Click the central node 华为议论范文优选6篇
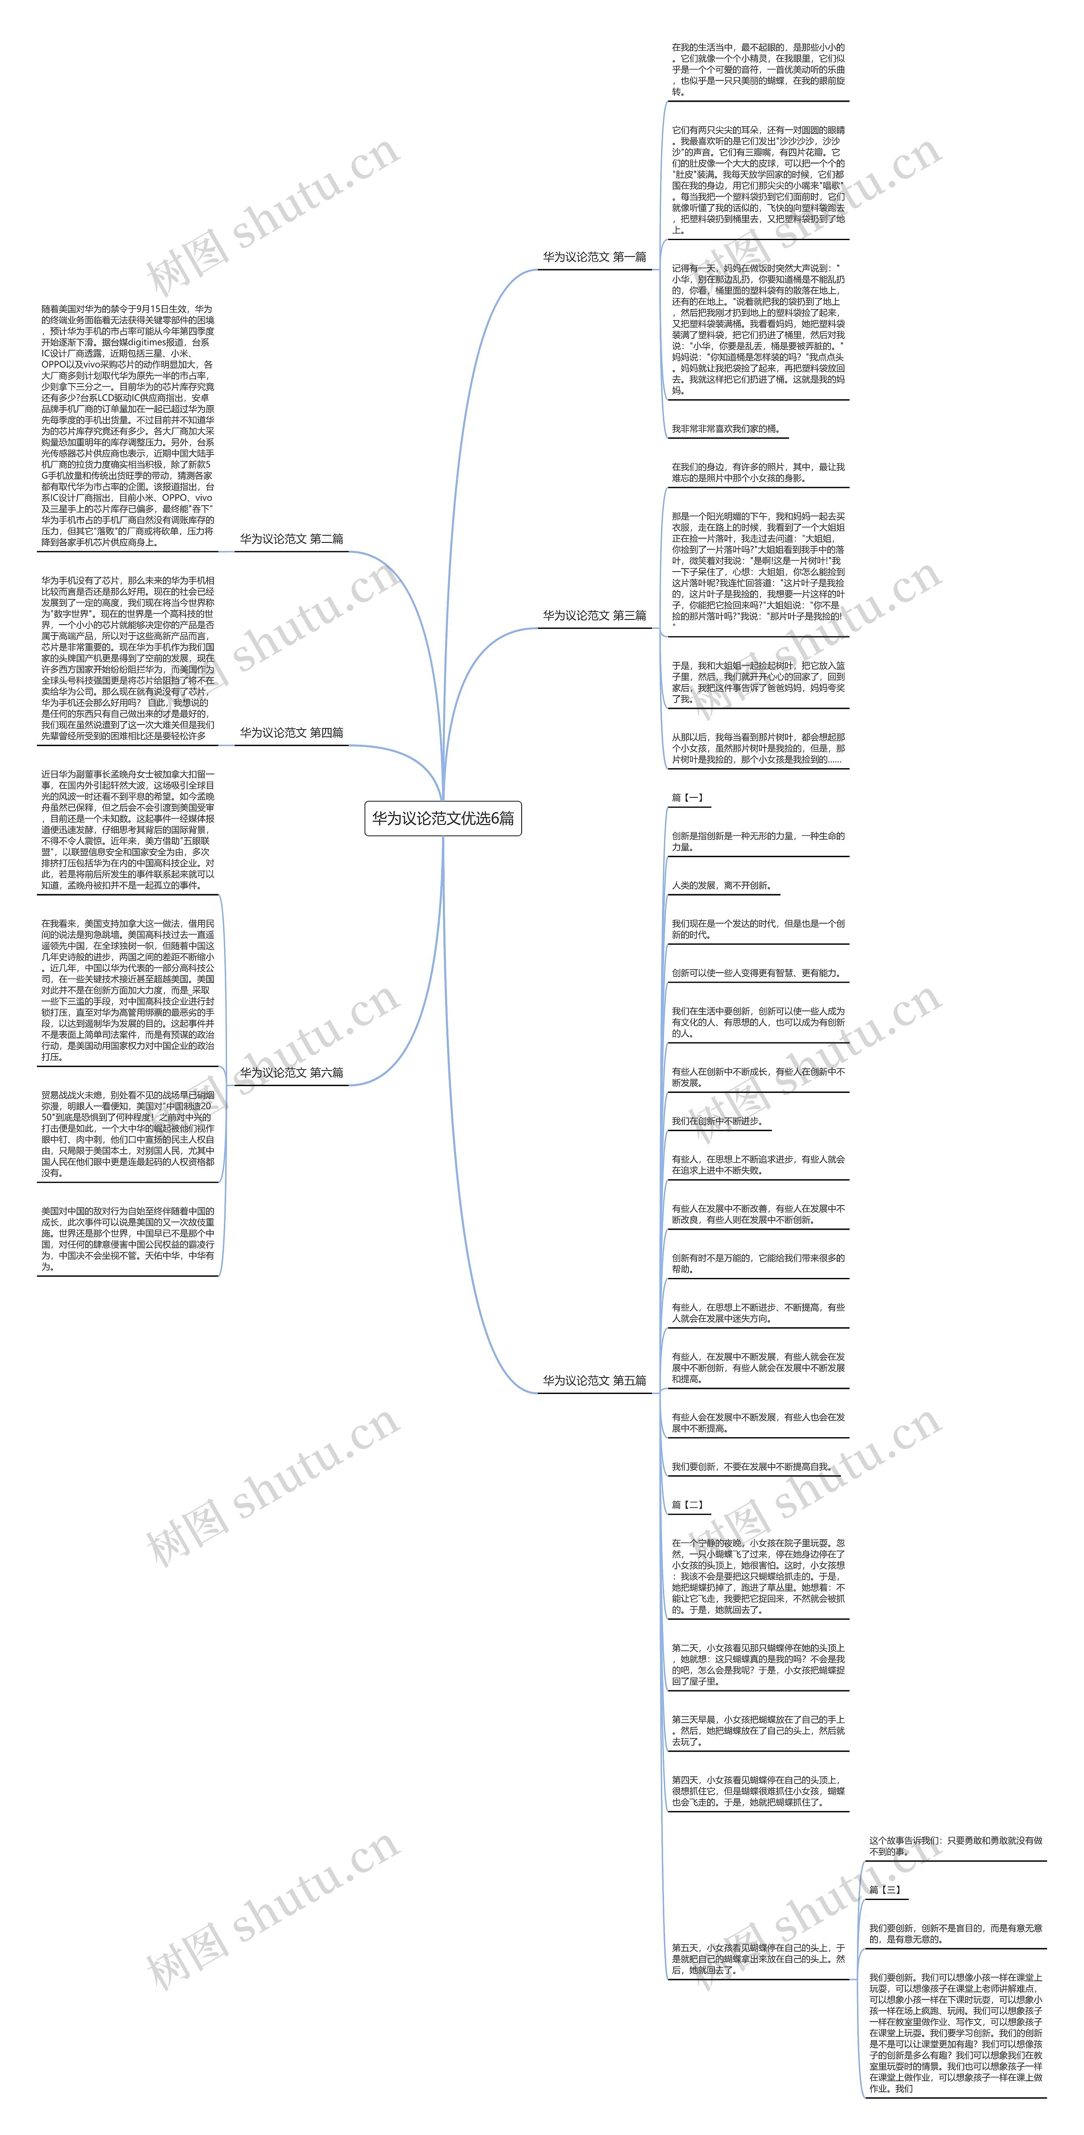pos(442,818)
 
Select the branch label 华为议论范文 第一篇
pos(594,257)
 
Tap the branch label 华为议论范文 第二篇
pos(291,539)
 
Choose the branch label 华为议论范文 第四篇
pos(291,733)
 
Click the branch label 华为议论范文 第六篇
pos(291,1073)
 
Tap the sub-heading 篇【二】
pos(688,1504)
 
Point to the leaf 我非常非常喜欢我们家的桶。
pos(725,429)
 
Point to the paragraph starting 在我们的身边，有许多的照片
pos(758,473)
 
